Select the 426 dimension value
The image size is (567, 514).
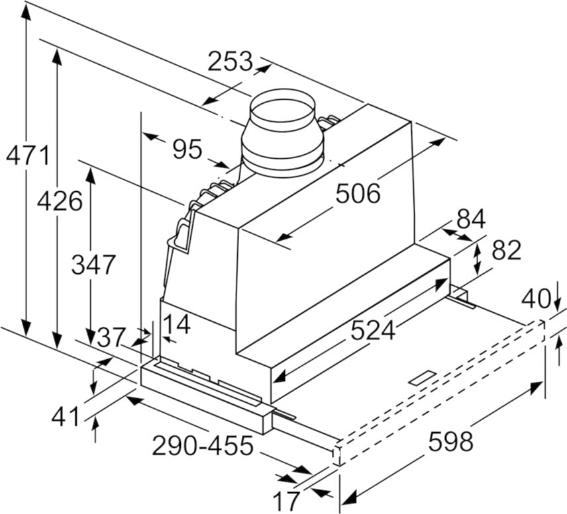[59, 200]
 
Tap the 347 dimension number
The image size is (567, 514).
[93, 265]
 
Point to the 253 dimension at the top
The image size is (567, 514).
[230, 62]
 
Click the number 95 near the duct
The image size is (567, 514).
[187, 150]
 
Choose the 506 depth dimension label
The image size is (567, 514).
[358, 193]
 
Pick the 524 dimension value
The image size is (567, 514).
[372, 329]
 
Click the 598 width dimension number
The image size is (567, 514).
[450, 441]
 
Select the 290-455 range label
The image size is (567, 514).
[203, 446]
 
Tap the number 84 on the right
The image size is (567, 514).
[471, 219]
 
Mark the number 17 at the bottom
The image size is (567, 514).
[287, 501]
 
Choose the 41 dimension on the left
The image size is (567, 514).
[65, 417]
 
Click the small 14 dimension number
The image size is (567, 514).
[176, 325]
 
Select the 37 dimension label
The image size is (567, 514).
[111, 338]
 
